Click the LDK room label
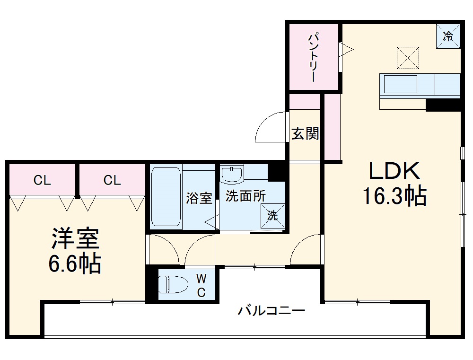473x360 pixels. (394, 171)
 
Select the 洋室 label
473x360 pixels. (75, 239)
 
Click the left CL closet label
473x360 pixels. (42, 180)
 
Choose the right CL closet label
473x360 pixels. (112, 180)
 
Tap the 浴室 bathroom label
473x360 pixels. (199, 198)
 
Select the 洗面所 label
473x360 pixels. (245, 196)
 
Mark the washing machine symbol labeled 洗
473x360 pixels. (273, 216)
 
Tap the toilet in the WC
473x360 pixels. (170, 285)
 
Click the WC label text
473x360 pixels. (201, 285)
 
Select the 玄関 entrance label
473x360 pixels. (305, 134)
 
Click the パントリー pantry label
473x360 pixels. (314, 57)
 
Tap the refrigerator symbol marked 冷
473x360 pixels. (447, 35)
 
